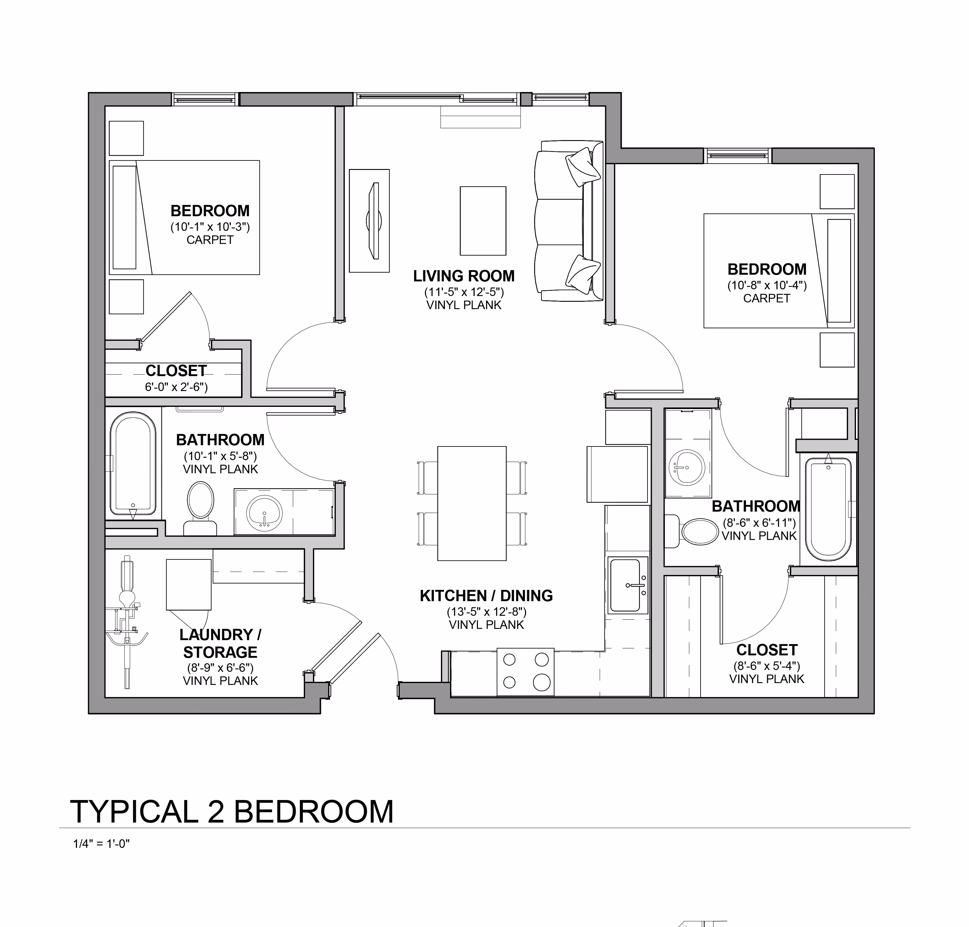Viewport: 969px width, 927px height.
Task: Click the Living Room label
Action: [464, 276]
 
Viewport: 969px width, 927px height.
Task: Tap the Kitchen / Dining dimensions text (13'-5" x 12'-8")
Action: [486, 612]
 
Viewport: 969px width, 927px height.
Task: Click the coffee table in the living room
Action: [483, 221]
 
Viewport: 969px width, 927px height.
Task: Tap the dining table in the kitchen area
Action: [472, 503]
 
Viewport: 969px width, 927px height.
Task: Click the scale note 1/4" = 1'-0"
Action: [101, 844]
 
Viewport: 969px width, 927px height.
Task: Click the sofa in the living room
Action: [569, 221]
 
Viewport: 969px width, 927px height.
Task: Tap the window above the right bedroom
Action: [738, 156]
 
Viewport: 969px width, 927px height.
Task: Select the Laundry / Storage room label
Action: [220, 643]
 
